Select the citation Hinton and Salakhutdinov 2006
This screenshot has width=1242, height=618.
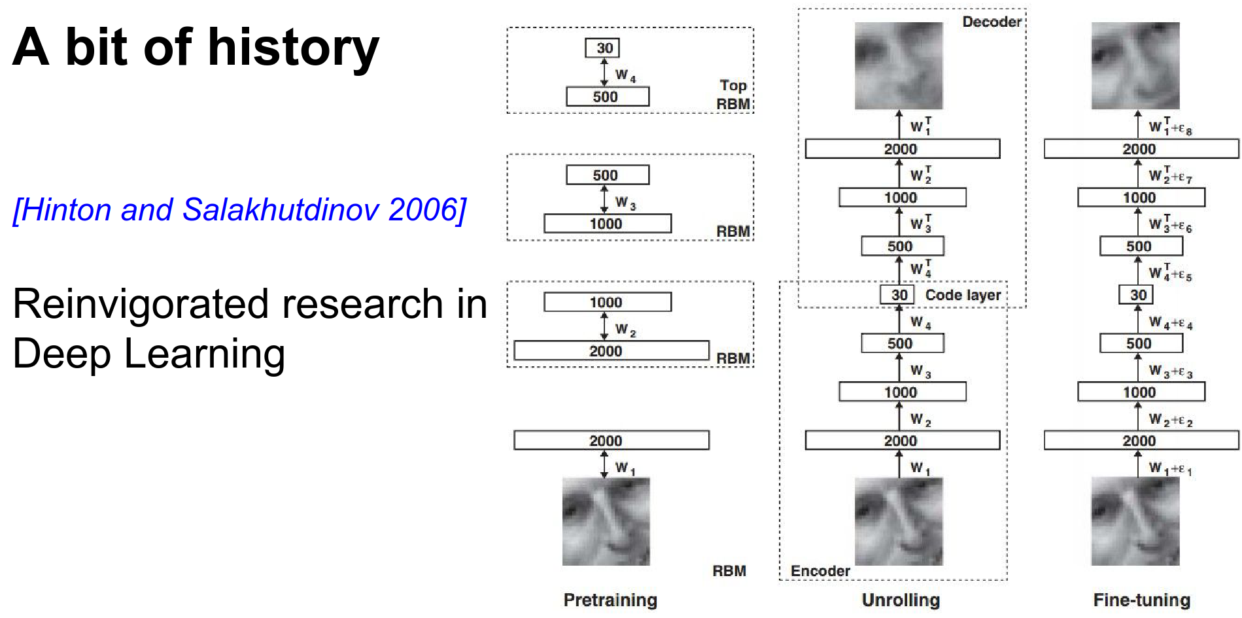point(239,210)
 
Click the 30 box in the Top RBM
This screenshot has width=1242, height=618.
point(603,48)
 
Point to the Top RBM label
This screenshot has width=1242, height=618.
point(733,95)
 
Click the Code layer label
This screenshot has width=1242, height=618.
point(963,295)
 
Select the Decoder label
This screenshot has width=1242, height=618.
point(992,22)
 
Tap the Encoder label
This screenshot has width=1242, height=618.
point(820,571)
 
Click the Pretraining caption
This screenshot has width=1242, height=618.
point(610,600)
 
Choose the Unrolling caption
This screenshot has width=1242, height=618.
point(901,600)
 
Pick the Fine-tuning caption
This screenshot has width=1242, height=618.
point(1141,600)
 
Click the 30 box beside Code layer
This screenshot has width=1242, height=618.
point(899,295)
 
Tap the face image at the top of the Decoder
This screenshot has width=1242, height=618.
point(899,65)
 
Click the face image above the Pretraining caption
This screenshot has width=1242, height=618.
point(606,521)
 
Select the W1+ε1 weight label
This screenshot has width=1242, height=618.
point(1171,468)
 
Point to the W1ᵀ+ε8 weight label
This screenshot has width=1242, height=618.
point(1171,126)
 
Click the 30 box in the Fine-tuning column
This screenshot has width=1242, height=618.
point(1138,295)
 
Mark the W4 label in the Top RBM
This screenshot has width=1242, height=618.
point(625,75)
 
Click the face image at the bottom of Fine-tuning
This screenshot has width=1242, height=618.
point(1135,521)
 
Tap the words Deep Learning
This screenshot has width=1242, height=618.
point(149,354)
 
